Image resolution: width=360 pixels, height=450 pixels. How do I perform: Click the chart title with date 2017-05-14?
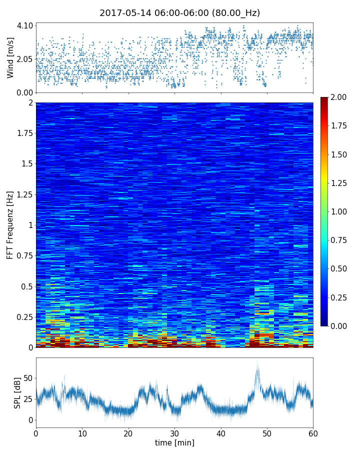coord(179,13)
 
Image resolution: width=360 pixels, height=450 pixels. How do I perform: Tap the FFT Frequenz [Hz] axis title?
coord(10,224)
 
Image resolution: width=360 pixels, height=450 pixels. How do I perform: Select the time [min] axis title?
coord(174,442)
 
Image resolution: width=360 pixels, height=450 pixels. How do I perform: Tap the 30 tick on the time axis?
coord(174,432)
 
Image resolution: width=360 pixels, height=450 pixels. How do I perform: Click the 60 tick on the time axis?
coord(313,432)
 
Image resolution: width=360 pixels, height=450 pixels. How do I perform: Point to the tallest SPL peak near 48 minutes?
coord(257,361)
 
